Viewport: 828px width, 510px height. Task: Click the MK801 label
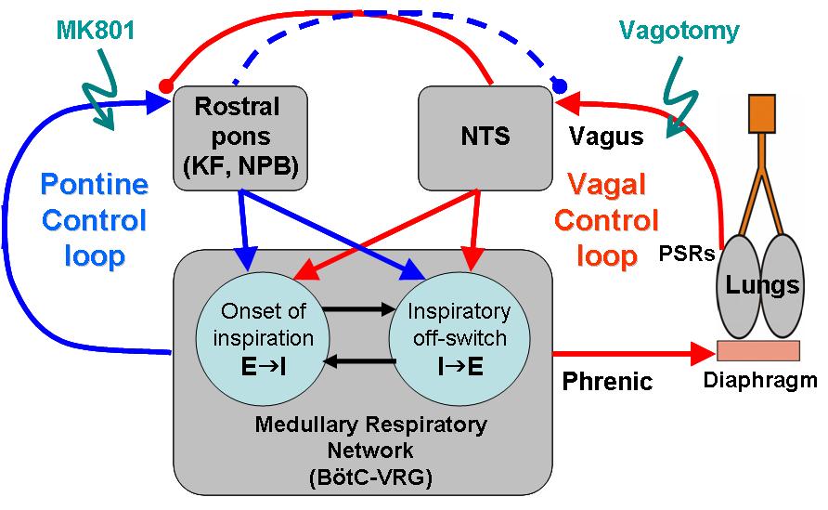[96, 30]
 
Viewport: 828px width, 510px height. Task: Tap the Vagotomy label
[679, 31]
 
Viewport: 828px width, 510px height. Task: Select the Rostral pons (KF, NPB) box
[240, 137]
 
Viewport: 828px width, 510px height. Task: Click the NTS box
[485, 137]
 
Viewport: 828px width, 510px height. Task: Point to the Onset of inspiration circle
[263, 339]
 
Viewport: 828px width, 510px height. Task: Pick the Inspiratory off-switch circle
[459, 339]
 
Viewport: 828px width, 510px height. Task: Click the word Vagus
[606, 137]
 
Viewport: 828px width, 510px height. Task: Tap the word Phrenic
[607, 381]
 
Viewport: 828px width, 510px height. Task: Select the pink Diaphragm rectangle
[758, 350]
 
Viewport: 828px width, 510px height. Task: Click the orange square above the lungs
[762, 113]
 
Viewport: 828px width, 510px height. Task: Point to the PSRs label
[687, 255]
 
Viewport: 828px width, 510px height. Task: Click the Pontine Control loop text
[95, 220]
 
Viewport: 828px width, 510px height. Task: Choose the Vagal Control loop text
[607, 220]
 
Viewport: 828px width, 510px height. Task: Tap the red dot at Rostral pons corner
[166, 85]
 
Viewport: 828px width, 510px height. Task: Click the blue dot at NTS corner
[560, 85]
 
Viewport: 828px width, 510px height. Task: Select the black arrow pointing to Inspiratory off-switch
[359, 309]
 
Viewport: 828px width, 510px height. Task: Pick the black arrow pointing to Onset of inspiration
[359, 361]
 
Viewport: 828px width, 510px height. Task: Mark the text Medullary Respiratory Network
[370, 438]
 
